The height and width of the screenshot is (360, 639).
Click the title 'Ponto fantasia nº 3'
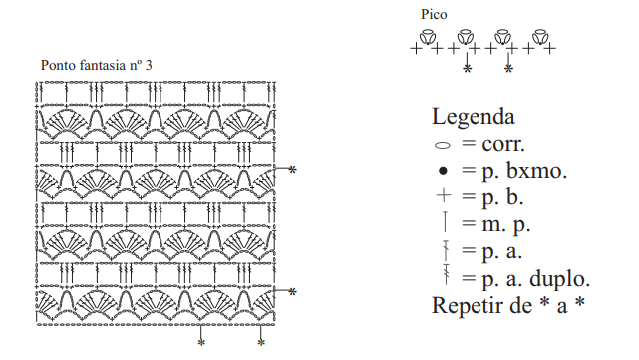point(96,65)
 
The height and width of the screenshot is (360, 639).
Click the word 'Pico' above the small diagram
point(434,14)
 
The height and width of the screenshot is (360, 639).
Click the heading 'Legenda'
point(474,117)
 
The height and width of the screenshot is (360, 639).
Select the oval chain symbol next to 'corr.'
point(443,145)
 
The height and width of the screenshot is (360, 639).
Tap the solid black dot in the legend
point(443,171)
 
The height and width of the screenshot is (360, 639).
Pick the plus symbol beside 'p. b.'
point(444,196)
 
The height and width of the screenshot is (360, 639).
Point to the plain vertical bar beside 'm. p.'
point(445,222)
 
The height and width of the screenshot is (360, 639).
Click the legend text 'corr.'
point(503,144)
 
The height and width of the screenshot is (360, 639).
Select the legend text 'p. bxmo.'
point(524,171)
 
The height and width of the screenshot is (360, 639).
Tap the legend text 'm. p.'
point(505,225)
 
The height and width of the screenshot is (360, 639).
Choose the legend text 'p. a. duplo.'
point(536,279)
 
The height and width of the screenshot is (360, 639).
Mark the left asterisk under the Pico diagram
point(467,69)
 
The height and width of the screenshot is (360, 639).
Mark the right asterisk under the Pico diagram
point(508,69)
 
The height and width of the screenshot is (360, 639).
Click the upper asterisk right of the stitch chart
point(292,170)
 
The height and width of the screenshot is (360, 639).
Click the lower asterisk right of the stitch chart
point(292,292)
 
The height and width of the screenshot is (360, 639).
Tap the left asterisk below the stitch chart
point(201,343)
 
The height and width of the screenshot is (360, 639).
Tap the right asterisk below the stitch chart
point(261,343)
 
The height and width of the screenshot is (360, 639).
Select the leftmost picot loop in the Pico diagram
point(427,37)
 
